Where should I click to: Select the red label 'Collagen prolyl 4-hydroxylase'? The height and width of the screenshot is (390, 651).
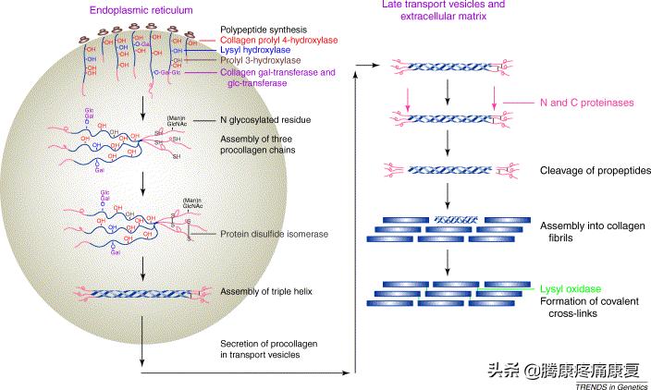(282, 41)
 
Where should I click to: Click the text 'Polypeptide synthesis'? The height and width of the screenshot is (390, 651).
(264, 30)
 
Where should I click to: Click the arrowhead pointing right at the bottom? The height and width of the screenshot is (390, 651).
(351, 372)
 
